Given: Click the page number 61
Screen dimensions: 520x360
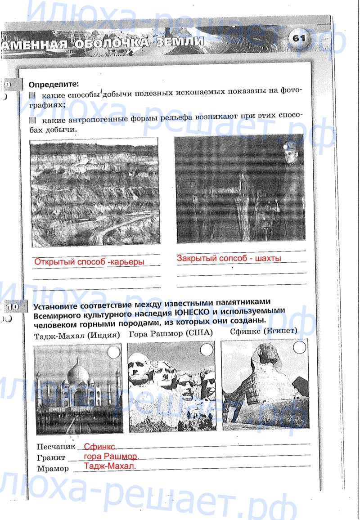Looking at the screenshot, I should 298,39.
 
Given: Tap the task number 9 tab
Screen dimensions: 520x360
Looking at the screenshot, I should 9,84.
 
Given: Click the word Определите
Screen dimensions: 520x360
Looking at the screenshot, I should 54,84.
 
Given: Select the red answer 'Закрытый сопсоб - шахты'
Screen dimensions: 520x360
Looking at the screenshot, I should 229,259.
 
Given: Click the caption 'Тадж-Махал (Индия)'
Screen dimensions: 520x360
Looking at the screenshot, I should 77,336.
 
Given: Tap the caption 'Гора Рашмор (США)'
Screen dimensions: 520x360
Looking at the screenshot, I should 171,334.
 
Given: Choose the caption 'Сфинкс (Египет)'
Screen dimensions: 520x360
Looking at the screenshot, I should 263,332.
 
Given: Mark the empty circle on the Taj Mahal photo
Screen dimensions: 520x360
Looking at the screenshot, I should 114,352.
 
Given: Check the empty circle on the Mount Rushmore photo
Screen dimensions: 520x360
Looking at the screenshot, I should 207,350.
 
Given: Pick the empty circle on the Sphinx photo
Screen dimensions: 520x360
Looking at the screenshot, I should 299,347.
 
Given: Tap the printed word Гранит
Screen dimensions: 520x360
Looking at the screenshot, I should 51,458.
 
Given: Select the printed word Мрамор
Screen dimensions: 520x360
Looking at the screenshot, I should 53,469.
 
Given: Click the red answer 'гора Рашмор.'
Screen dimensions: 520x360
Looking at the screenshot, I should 112,456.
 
